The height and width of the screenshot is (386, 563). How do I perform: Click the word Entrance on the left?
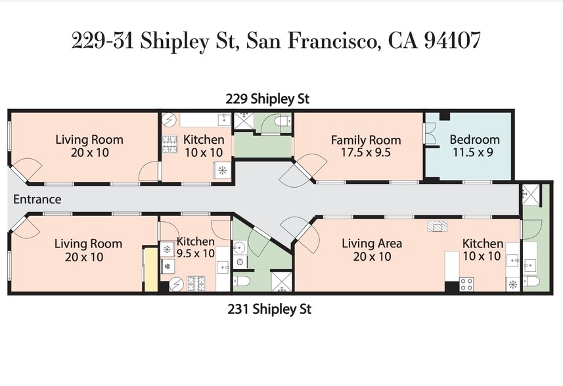click(37, 200)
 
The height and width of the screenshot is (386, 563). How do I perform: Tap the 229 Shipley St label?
click(267, 99)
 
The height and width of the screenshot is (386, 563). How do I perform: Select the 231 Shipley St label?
click(269, 309)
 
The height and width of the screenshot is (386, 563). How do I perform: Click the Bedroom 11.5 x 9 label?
click(474, 146)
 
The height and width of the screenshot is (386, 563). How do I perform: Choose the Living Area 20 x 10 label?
click(372, 249)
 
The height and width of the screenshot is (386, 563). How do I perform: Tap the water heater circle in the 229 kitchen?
click(169, 120)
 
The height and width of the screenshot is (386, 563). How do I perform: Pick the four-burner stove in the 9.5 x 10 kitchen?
click(196, 284)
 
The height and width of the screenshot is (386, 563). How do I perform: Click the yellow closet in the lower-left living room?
click(150, 269)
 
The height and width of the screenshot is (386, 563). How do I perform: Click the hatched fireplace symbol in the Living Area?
click(437, 227)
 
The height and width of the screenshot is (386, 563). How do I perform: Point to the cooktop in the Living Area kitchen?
click(466, 284)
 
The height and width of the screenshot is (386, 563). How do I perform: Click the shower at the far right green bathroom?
click(529, 194)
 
